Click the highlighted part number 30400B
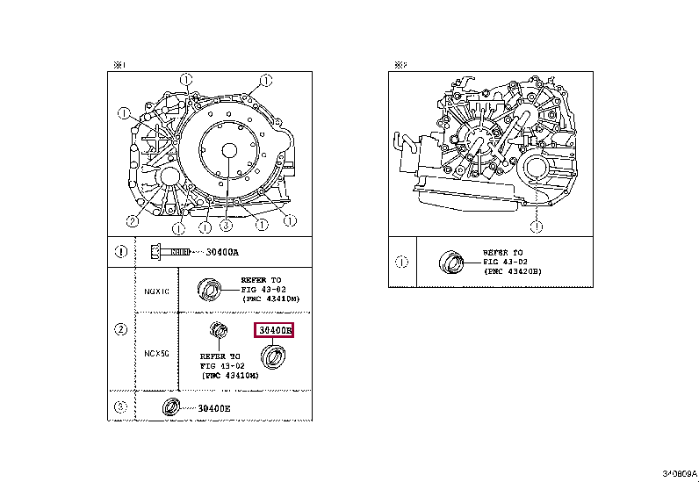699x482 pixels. pyautogui.click(x=273, y=331)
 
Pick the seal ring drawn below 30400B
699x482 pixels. pyautogui.click(x=276, y=357)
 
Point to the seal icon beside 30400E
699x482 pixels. pyautogui.click(x=169, y=407)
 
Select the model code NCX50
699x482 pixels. pyautogui.click(x=156, y=353)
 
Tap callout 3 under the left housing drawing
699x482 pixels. pyautogui.click(x=225, y=226)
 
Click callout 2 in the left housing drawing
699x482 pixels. pyautogui.click(x=131, y=219)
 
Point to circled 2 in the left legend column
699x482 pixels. pyautogui.click(x=121, y=330)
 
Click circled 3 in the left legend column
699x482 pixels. pyautogui.click(x=121, y=406)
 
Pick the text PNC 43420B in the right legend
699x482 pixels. pyautogui.click(x=512, y=272)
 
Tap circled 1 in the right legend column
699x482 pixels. pyautogui.click(x=402, y=262)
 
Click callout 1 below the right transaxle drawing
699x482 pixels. pyautogui.click(x=536, y=226)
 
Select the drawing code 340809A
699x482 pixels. pyautogui.click(x=678, y=473)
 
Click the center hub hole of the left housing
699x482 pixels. pyautogui.click(x=227, y=151)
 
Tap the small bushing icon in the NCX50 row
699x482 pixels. pyautogui.click(x=215, y=331)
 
